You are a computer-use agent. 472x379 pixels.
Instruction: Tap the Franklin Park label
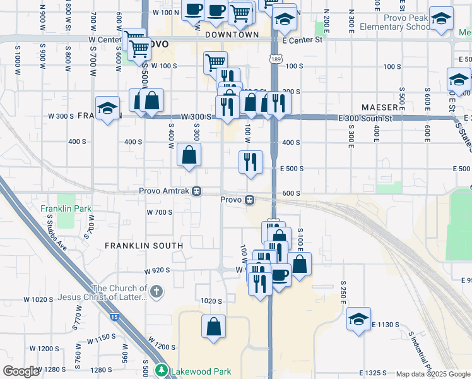66,208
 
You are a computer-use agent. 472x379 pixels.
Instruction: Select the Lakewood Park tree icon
162,371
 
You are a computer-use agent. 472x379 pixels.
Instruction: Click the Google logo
21,371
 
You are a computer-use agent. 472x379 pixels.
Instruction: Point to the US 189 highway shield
275,59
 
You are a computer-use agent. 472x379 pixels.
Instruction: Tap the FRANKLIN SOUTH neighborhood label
144,245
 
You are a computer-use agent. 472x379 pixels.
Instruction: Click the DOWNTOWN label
232,35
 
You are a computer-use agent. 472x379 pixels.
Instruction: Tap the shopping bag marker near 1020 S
214,327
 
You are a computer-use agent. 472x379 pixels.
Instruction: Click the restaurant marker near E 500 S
251,162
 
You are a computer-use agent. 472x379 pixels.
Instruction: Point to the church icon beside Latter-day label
157,292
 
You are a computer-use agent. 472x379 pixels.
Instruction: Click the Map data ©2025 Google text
433,374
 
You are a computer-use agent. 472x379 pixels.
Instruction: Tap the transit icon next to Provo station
250,200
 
